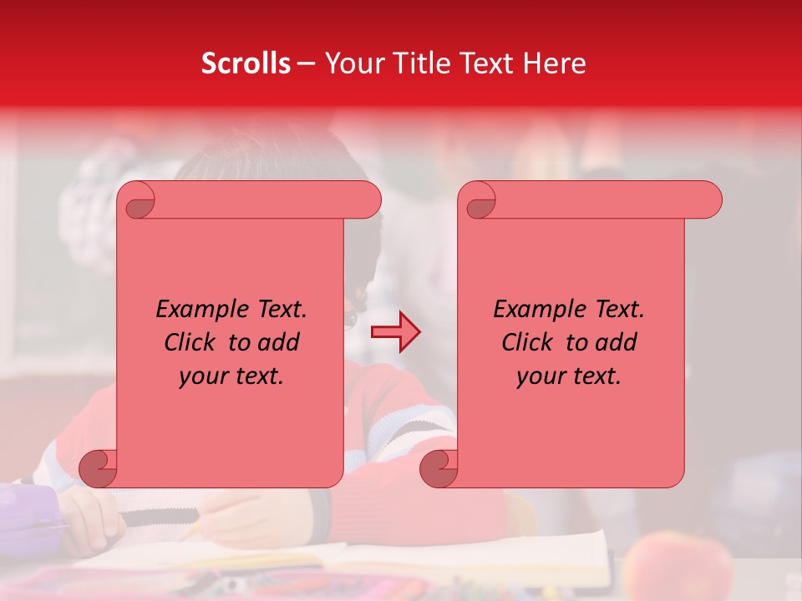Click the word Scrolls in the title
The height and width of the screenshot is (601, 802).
pos(246,63)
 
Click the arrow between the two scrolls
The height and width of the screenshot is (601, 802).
pos(396,332)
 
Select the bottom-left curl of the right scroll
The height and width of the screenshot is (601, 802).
pos(439,468)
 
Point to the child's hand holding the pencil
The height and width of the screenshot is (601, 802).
pos(242,518)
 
